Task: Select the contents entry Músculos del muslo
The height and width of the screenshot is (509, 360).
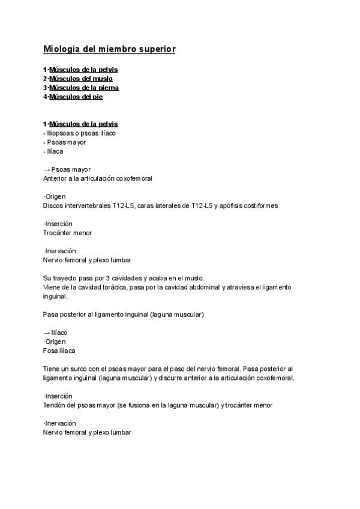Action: [80, 79]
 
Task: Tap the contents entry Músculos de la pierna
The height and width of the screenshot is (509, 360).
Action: [83, 88]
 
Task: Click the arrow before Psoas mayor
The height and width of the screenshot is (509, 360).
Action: [47, 169]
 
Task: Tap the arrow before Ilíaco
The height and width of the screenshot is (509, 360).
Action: [47, 333]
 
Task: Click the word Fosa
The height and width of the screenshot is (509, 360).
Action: [50, 351]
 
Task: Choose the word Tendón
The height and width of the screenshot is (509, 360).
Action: [54, 405]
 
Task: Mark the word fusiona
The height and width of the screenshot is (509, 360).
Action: [164, 405]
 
